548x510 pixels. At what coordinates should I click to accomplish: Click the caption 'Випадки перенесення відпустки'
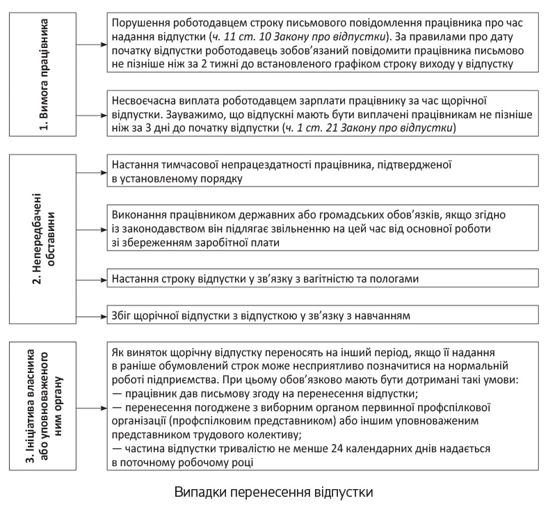click(x=274, y=492)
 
